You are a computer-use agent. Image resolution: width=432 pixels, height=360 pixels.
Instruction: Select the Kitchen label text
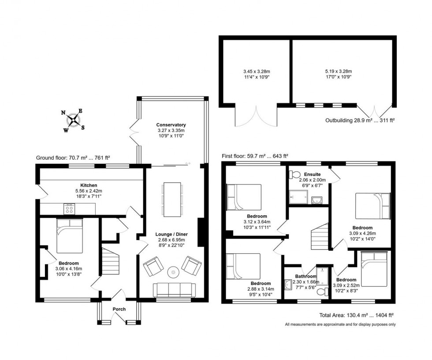89,185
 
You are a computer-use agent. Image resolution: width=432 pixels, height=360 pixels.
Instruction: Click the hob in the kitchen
69,208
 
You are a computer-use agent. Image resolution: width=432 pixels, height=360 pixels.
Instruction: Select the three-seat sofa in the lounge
174,290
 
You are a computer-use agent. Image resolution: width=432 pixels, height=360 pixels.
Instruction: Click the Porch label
119,309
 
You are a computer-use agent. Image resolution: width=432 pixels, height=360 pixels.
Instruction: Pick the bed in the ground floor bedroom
69,238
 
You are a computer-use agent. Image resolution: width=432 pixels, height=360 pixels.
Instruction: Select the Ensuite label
309,174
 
